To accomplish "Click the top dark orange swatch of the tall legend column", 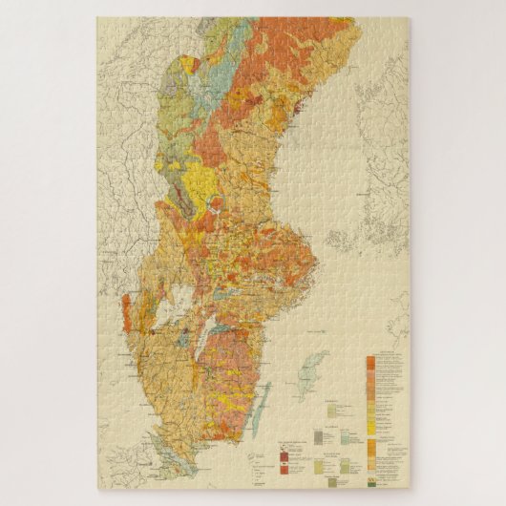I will pyautogui.click(x=370, y=364).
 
